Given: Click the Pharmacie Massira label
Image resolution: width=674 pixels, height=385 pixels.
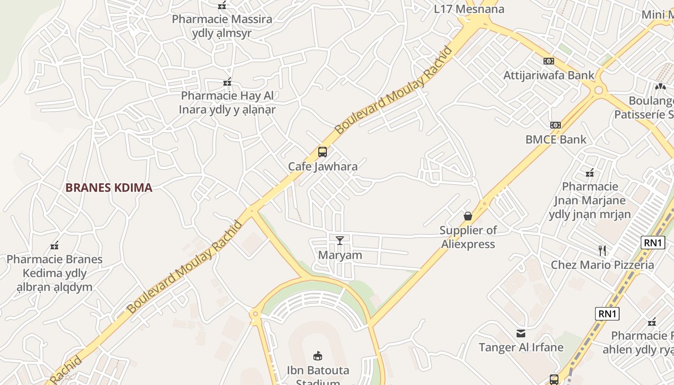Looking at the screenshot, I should click(222, 19).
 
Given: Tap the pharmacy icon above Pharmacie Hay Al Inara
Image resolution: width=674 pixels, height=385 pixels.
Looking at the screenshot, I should click(227, 82).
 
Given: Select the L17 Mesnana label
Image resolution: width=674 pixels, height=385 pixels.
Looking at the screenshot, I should click(469, 9).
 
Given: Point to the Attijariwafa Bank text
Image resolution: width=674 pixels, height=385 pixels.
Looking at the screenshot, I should click(549, 76).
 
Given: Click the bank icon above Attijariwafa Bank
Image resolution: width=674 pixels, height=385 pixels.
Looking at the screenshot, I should click(548, 61).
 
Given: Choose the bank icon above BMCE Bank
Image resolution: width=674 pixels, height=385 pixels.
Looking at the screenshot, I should click(556, 125).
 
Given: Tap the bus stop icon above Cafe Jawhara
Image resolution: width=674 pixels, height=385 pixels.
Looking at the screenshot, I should click(323, 152).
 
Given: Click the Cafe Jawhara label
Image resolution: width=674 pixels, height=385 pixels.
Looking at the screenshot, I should click(323, 167).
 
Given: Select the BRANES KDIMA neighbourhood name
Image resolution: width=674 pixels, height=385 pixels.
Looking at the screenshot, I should click(109, 188).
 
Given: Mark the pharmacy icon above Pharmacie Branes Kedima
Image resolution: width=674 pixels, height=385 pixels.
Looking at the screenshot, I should click(54, 246).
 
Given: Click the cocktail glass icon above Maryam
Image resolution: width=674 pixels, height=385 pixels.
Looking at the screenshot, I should click(340, 240).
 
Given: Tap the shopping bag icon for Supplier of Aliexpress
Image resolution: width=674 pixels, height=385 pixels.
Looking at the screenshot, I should click(468, 216).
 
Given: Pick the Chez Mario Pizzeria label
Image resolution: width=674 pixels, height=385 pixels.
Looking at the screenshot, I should click(602, 265).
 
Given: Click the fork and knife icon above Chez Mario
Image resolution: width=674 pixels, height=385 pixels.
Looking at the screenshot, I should click(602, 250).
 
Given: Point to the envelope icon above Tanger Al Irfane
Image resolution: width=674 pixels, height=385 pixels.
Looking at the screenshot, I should click(521, 333).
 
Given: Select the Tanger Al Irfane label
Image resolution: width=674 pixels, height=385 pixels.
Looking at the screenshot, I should click(521, 347).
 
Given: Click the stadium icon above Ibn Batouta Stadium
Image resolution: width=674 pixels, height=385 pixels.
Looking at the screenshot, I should click(318, 356).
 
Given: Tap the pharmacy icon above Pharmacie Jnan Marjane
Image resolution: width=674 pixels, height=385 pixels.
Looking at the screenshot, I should click(589, 173).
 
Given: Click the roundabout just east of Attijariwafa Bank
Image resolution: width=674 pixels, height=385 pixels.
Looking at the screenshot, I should click(598, 90).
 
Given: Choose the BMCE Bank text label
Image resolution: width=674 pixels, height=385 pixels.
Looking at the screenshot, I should click(556, 140).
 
